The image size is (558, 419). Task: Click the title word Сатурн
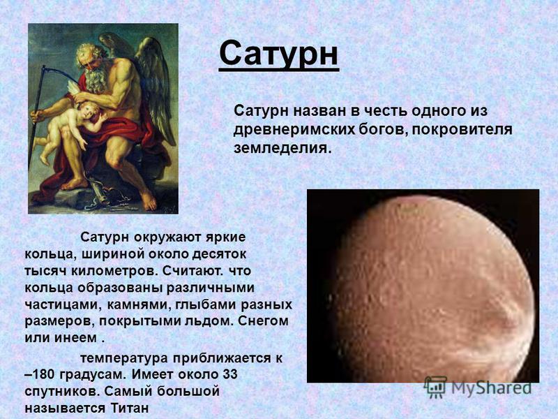pos(278,54)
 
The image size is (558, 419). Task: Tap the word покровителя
pos(462,129)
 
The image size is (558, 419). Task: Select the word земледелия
pos(282,148)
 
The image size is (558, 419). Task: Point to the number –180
pos(40,374)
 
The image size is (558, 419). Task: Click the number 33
pos(230,374)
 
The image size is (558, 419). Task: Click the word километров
pos(114,271)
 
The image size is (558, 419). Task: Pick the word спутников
pos(62,392)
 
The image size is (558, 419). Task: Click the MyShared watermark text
pos(491,388)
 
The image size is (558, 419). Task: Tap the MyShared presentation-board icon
pos(435,387)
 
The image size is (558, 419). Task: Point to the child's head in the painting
pos(89,110)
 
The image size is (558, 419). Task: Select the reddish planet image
pos(423,286)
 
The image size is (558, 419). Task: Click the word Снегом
pos(263,321)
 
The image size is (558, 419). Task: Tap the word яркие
pos(226,237)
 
